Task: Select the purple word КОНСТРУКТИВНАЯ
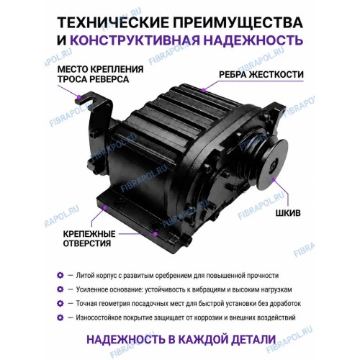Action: coord(135,40)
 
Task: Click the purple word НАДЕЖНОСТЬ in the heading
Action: coord(253,40)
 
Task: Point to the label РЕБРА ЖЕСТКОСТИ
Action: coord(261,75)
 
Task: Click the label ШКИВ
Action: coord(288,213)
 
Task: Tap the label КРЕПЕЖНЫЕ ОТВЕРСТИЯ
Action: coord(89,238)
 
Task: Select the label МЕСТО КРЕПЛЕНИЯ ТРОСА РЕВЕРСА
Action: coord(100,74)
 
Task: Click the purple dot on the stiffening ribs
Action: coord(204,90)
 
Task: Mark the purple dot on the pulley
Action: coord(274,179)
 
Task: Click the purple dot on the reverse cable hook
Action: coord(79,97)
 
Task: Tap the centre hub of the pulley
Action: coord(274,166)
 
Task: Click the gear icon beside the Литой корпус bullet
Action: coord(60,275)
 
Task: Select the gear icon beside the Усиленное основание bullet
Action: coord(60,289)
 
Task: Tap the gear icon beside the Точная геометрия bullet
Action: coord(60,304)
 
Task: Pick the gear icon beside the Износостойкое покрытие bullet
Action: coord(60,318)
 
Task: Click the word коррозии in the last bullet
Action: coord(209,318)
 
